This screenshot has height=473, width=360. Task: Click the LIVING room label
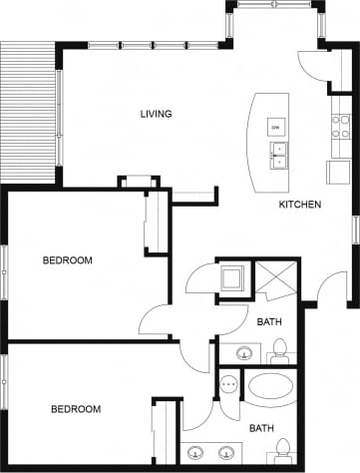[156, 114]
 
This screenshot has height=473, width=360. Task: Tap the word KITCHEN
[299, 205]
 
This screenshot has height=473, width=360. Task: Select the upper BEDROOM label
[67, 260]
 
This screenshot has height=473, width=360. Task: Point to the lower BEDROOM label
[76, 409]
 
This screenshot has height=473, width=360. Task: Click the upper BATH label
[268, 322]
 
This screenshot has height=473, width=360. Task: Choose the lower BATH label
[261, 428]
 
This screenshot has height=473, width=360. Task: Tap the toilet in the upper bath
[279, 349]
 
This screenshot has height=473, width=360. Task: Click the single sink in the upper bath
[243, 351]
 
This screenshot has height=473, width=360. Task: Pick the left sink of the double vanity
[195, 451]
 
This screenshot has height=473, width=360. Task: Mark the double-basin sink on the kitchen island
[278, 155]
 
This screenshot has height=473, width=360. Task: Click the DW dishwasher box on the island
[274, 126]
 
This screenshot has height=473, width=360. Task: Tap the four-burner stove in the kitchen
[341, 126]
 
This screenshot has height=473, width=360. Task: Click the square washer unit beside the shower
[234, 276]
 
